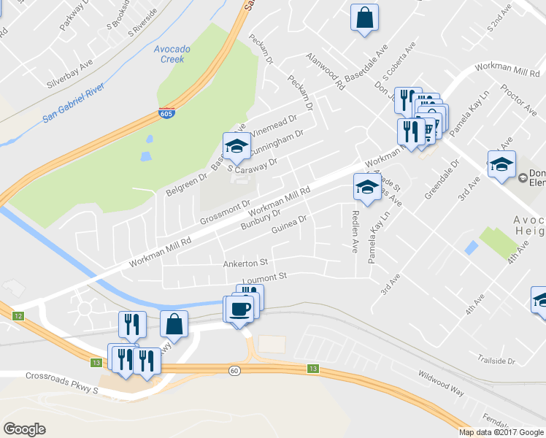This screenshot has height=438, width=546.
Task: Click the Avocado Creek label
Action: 172,54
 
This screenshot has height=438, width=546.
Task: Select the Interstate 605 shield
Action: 166,114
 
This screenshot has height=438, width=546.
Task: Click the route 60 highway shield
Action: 234,371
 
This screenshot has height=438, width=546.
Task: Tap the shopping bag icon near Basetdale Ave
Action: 364,18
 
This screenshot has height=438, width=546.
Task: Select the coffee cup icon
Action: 239,310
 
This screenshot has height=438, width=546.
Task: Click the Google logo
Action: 24,429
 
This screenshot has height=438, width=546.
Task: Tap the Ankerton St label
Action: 247,262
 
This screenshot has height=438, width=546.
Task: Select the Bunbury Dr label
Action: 261,219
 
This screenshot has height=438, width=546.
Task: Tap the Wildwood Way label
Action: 441,383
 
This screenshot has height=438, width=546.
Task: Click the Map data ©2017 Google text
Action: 501,432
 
